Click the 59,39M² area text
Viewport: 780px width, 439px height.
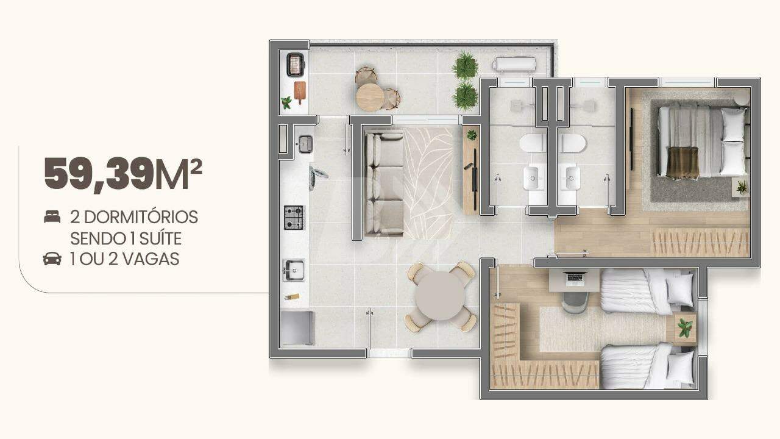[x=123, y=174]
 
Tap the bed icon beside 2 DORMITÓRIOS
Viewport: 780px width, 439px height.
[x=52, y=216]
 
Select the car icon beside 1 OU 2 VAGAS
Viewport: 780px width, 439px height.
[x=52, y=259]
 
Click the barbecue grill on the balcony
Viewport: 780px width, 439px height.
[x=296, y=65]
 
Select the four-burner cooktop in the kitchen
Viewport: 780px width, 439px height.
[x=294, y=218]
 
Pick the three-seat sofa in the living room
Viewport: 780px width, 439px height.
[x=384, y=184]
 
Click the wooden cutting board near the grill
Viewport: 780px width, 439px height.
[x=300, y=92]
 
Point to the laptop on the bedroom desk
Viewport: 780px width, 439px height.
[x=575, y=277]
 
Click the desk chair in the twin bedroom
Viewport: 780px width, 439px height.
[x=575, y=302]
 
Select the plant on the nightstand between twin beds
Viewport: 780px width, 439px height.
[x=684, y=328]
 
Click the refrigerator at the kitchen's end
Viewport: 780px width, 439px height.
[x=297, y=328]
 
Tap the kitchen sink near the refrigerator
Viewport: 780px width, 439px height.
[x=294, y=270]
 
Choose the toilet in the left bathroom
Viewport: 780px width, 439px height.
[x=532, y=143]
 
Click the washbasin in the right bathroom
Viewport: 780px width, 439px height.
[x=570, y=178]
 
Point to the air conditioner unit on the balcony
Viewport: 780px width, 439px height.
[x=516, y=64]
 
